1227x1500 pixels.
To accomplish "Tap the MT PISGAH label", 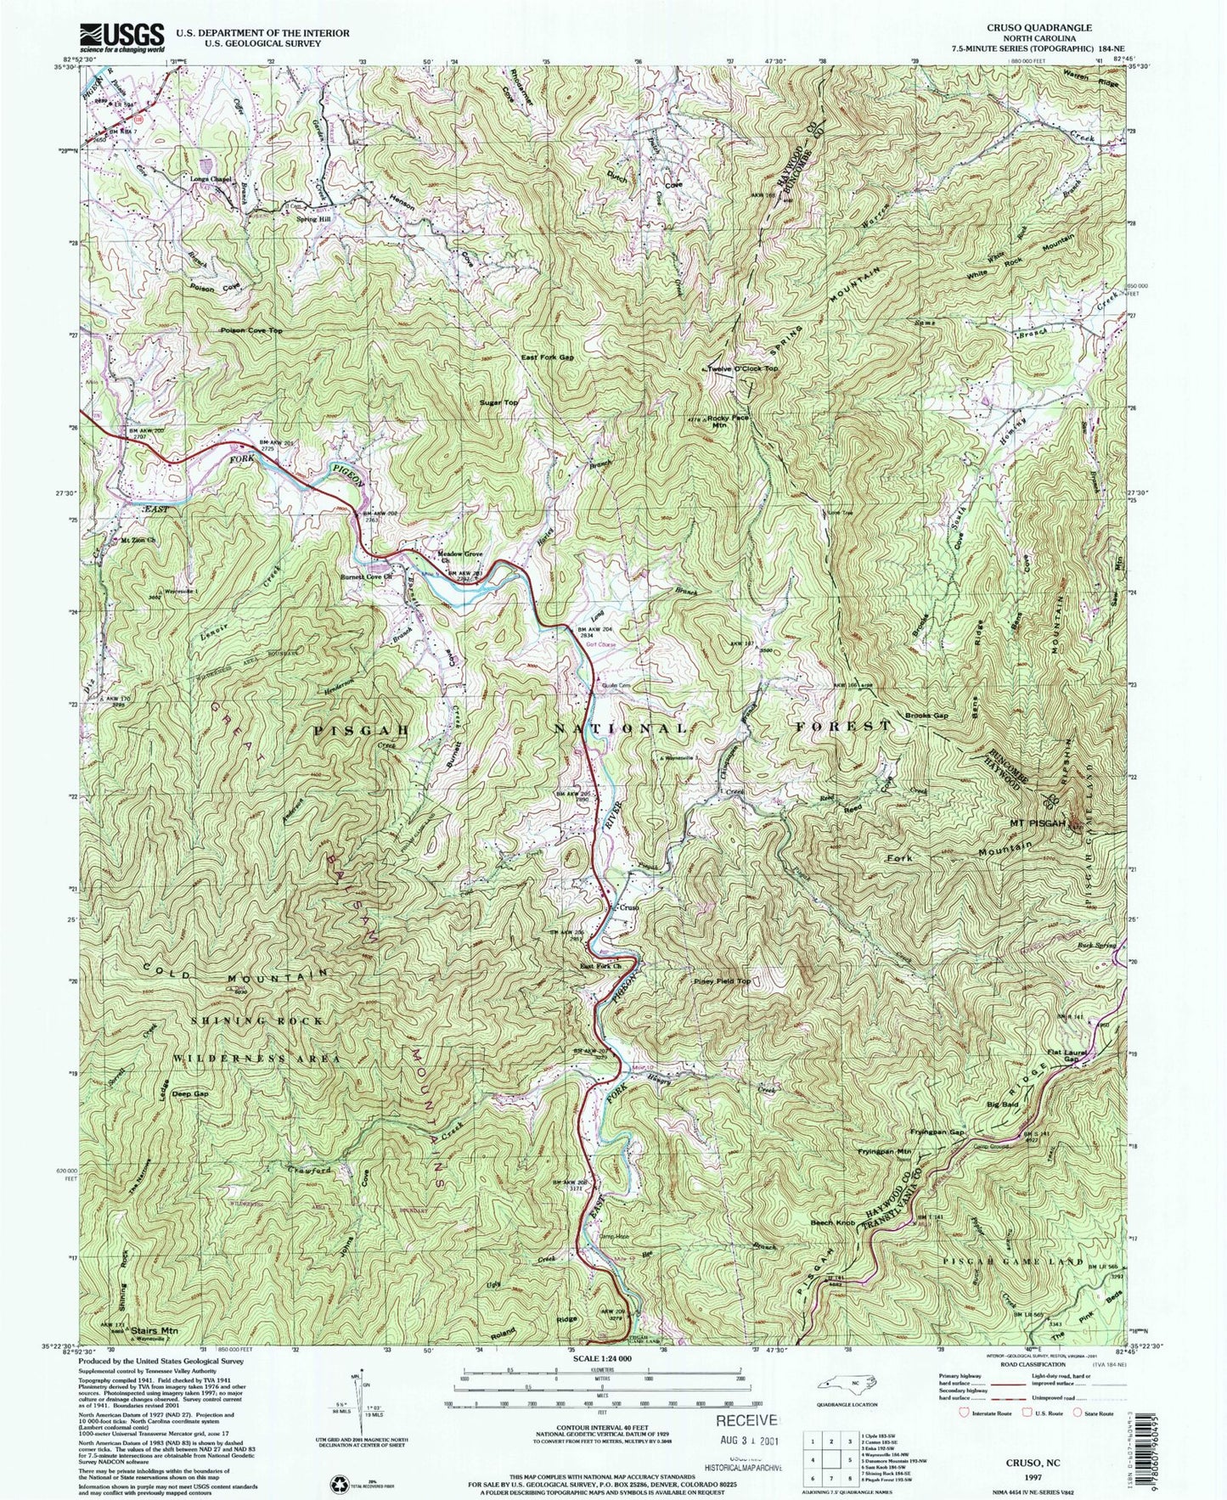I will pyautogui.click(x=1033, y=823).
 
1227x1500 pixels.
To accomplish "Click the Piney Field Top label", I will pyautogui.click(x=723, y=980).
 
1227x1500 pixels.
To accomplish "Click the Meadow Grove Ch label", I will pyautogui.click(x=459, y=557).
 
